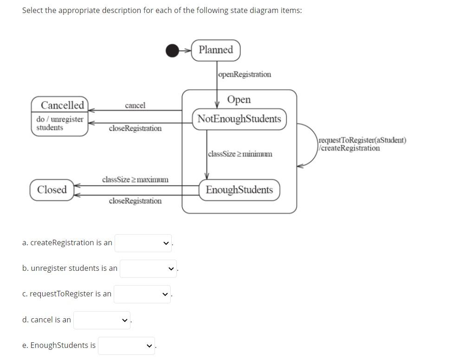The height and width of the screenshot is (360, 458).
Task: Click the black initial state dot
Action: coord(172,50)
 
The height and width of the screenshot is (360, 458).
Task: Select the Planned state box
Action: coord(216,50)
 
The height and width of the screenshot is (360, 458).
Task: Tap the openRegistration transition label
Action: coord(245,74)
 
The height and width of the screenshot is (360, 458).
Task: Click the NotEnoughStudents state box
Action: coord(239,118)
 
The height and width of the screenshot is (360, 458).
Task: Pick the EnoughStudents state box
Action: coord(239,190)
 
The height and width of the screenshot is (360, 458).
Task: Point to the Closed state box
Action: coord(52,190)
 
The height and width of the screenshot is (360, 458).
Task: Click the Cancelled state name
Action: coord(62,105)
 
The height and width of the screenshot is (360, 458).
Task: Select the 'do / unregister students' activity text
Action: coord(59,124)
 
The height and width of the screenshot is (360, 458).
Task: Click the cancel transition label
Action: coord(135,105)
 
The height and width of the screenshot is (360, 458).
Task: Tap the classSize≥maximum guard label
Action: coord(135,179)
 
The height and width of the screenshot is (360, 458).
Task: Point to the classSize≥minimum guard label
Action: coord(240,154)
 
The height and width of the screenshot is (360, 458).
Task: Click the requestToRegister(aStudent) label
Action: coord(362,140)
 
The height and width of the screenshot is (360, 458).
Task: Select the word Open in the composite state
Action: coord(239,99)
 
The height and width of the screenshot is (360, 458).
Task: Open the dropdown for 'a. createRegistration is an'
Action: coord(143,243)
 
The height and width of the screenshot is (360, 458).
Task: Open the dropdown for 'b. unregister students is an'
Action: coord(148,268)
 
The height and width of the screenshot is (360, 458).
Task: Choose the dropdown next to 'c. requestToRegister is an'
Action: coord(142,294)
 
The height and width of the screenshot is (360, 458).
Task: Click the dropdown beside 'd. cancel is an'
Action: coord(102,320)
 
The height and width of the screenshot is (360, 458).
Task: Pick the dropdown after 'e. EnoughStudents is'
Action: coord(126,346)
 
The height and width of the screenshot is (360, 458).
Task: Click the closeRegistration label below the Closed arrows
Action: coord(135,201)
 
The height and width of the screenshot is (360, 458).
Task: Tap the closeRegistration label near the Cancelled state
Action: coord(135,128)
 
